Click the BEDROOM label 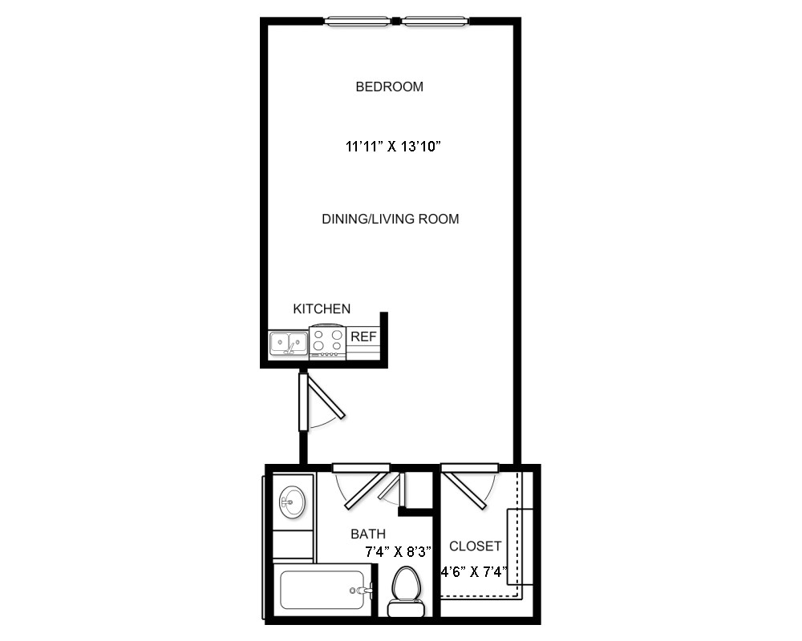389,87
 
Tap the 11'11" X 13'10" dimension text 393,147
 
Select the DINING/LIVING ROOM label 391,220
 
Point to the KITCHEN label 322,308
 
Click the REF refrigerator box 363,342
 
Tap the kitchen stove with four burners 327,341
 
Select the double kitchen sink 289,343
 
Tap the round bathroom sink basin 292,502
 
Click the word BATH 368,534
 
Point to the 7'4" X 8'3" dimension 398,552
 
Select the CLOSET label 475,546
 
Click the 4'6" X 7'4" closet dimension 474,571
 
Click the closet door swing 468,486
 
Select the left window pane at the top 358,22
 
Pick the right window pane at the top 435,22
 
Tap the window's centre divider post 396,22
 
